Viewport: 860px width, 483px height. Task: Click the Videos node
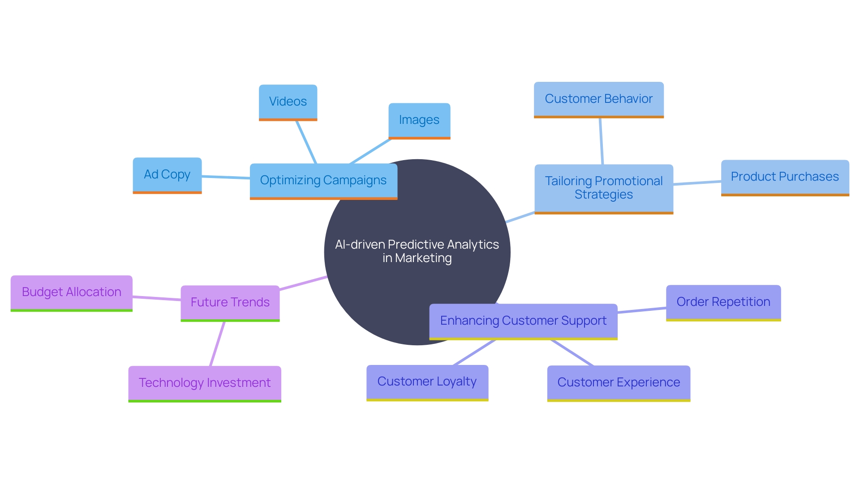(x=288, y=102)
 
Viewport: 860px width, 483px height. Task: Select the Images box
(x=419, y=120)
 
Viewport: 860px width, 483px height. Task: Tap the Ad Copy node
(x=167, y=175)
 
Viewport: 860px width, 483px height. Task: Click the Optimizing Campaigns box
(x=323, y=181)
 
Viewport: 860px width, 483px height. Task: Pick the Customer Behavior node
(x=598, y=99)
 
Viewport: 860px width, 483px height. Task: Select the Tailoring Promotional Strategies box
(x=603, y=188)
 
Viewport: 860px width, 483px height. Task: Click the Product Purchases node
(x=785, y=177)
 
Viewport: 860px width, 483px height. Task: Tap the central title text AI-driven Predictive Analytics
(x=417, y=245)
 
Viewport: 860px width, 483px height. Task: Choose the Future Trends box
(x=230, y=303)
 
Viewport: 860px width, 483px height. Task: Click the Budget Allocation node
(x=72, y=292)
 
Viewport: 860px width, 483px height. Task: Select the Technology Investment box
(x=205, y=383)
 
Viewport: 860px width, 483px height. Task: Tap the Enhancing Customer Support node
(x=523, y=321)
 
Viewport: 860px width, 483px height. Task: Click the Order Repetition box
(x=723, y=302)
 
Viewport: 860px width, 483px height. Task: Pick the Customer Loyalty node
(x=427, y=382)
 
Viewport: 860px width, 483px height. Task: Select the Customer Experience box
(x=618, y=383)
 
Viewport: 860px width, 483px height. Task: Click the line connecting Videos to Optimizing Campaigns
(x=306, y=142)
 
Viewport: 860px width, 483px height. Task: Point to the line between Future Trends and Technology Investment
(x=217, y=344)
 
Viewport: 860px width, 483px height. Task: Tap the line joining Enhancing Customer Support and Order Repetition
(x=642, y=310)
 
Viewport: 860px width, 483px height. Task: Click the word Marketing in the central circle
(x=423, y=258)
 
